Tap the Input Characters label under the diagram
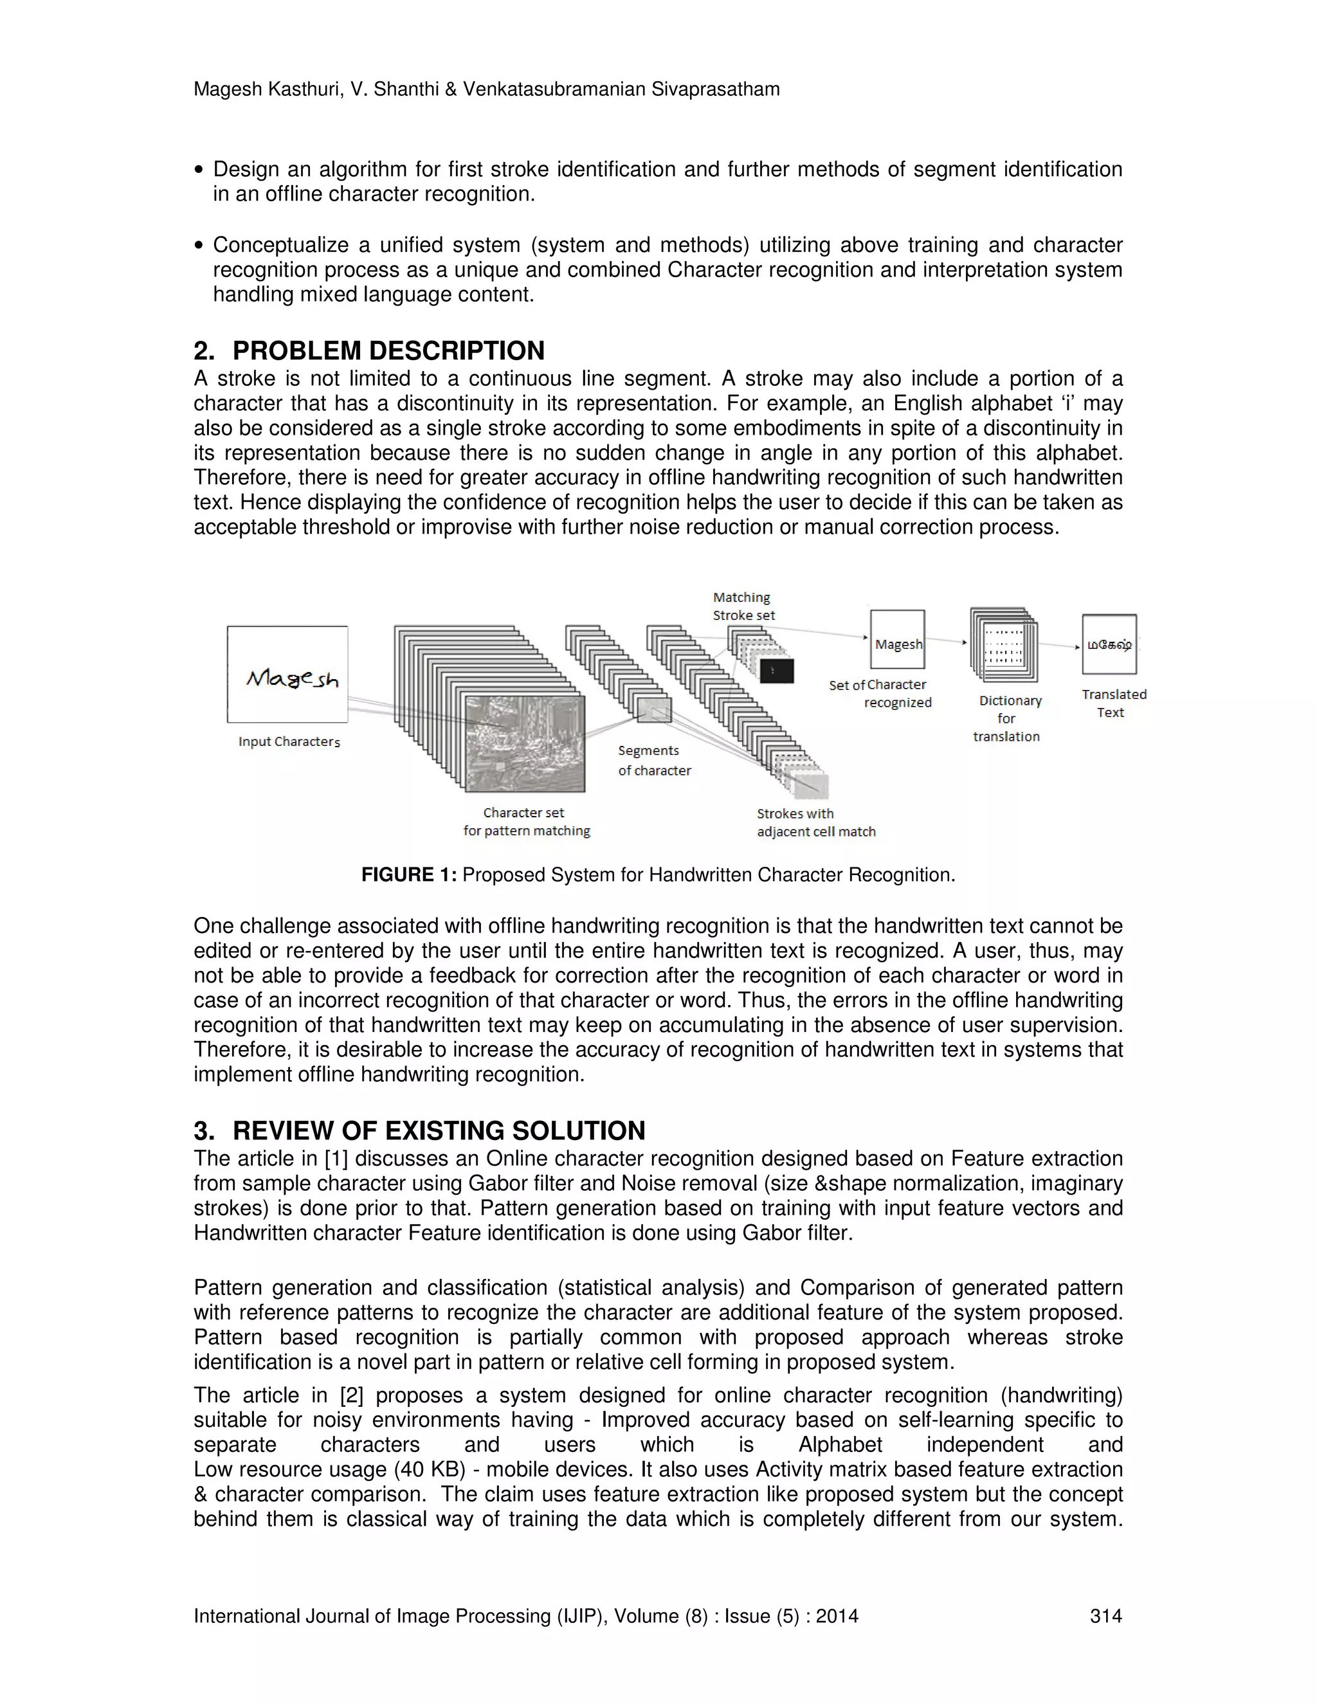click(x=289, y=741)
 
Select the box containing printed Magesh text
click(x=897, y=640)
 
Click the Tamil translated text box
click(x=1109, y=644)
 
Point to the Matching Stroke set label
click(x=743, y=606)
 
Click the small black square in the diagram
click(x=776, y=670)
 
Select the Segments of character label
click(x=654, y=760)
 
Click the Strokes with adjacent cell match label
click(x=815, y=822)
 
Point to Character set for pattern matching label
click(x=526, y=822)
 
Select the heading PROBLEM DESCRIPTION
click(x=388, y=350)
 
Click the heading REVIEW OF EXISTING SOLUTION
click(x=439, y=1130)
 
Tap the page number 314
click(x=1105, y=1616)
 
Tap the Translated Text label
click(x=1113, y=703)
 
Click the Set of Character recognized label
click(x=880, y=693)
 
